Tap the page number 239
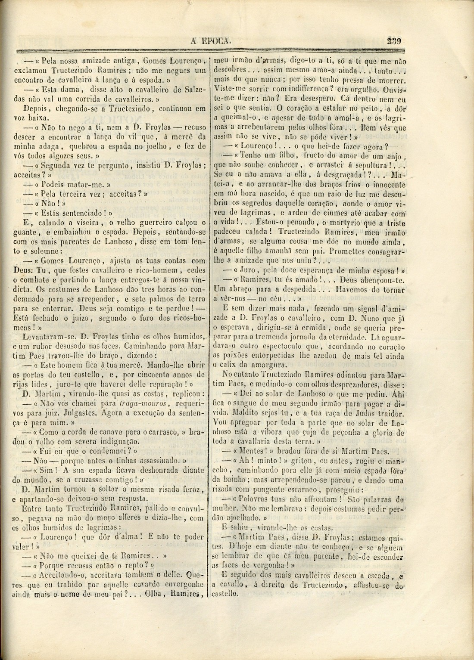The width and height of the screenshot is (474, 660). click(394, 41)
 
